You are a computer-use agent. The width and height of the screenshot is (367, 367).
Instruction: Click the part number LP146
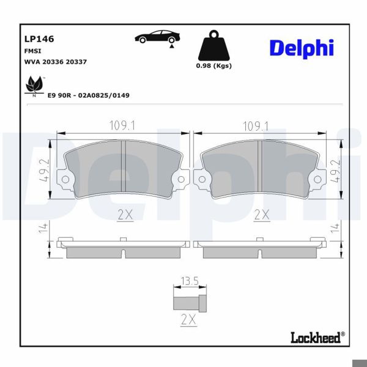(x=39, y=39)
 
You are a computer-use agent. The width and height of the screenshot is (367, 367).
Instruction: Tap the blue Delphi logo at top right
(x=302, y=48)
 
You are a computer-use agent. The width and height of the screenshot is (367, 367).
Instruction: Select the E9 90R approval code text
(x=88, y=95)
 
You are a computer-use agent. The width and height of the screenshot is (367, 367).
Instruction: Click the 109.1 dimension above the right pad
(x=257, y=126)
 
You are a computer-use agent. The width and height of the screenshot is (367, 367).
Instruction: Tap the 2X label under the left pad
(x=124, y=214)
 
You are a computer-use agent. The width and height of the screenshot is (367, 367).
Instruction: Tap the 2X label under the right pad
(x=261, y=214)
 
